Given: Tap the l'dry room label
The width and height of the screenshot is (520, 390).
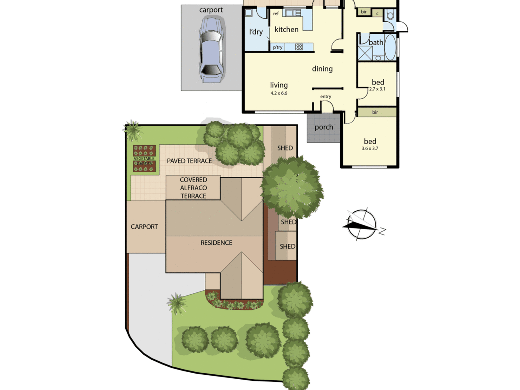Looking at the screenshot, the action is pyautogui.click(x=256, y=32).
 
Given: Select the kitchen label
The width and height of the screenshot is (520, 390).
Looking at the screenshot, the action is pyautogui.click(x=287, y=29).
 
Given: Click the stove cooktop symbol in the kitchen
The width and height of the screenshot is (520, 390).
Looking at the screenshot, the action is pyautogui.click(x=299, y=47).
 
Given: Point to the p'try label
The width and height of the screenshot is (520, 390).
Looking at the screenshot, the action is pyautogui.click(x=278, y=47).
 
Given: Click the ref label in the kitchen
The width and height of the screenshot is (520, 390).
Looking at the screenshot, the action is pyautogui.click(x=276, y=14).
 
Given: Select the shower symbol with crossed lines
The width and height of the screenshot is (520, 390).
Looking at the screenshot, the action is pyautogui.click(x=365, y=53).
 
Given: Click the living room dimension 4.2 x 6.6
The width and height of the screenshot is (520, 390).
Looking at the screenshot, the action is pyautogui.click(x=279, y=93).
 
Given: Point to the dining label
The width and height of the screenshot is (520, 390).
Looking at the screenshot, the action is pyautogui.click(x=322, y=69).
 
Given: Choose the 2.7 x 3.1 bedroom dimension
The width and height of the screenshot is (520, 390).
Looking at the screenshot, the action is pyautogui.click(x=377, y=89).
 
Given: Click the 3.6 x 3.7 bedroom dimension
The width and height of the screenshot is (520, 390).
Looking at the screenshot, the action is pyautogui.click(x=370, y=148).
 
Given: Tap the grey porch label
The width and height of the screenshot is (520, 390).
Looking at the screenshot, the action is pyautogui.click(x=324, y=127).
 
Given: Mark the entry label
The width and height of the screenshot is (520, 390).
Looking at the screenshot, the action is pyautogui.click(x=326, y=97).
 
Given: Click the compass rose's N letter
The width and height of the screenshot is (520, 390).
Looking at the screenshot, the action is pyautogui.click(x=382, y=231).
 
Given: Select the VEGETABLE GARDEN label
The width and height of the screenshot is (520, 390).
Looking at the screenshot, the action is pyautogui.click(x=144, y=161).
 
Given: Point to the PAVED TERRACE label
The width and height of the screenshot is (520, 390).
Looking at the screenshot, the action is pyautogui.click(x=189, y=161).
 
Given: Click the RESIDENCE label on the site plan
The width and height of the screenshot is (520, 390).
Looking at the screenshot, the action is pyautogui.click(x=216, y=243).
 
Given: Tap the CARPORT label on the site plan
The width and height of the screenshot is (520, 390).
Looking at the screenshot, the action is pyautogui.click(x=144, y=227).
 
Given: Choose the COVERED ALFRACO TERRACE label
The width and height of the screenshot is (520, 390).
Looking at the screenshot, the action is pyautogui.click(x=193, y=188).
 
